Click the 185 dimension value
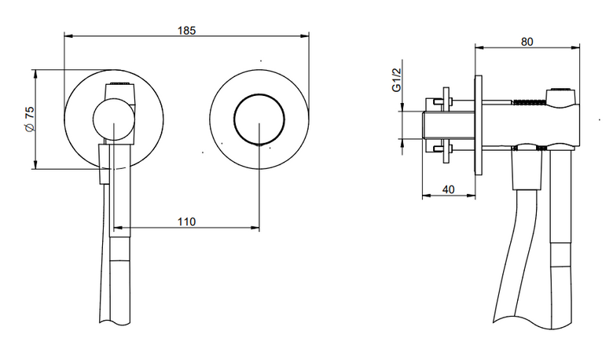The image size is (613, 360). tap(186, 31)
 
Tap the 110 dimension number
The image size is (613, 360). tap(186, 222)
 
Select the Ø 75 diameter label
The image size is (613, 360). tap(30, 119)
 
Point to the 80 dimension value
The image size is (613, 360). tap(527, 42)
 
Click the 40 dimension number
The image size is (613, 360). tap(449, 189)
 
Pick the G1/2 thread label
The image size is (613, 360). tap(396, 80)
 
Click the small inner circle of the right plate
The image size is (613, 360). tap(259, 119)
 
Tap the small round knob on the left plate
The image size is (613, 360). tap(113, 119)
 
